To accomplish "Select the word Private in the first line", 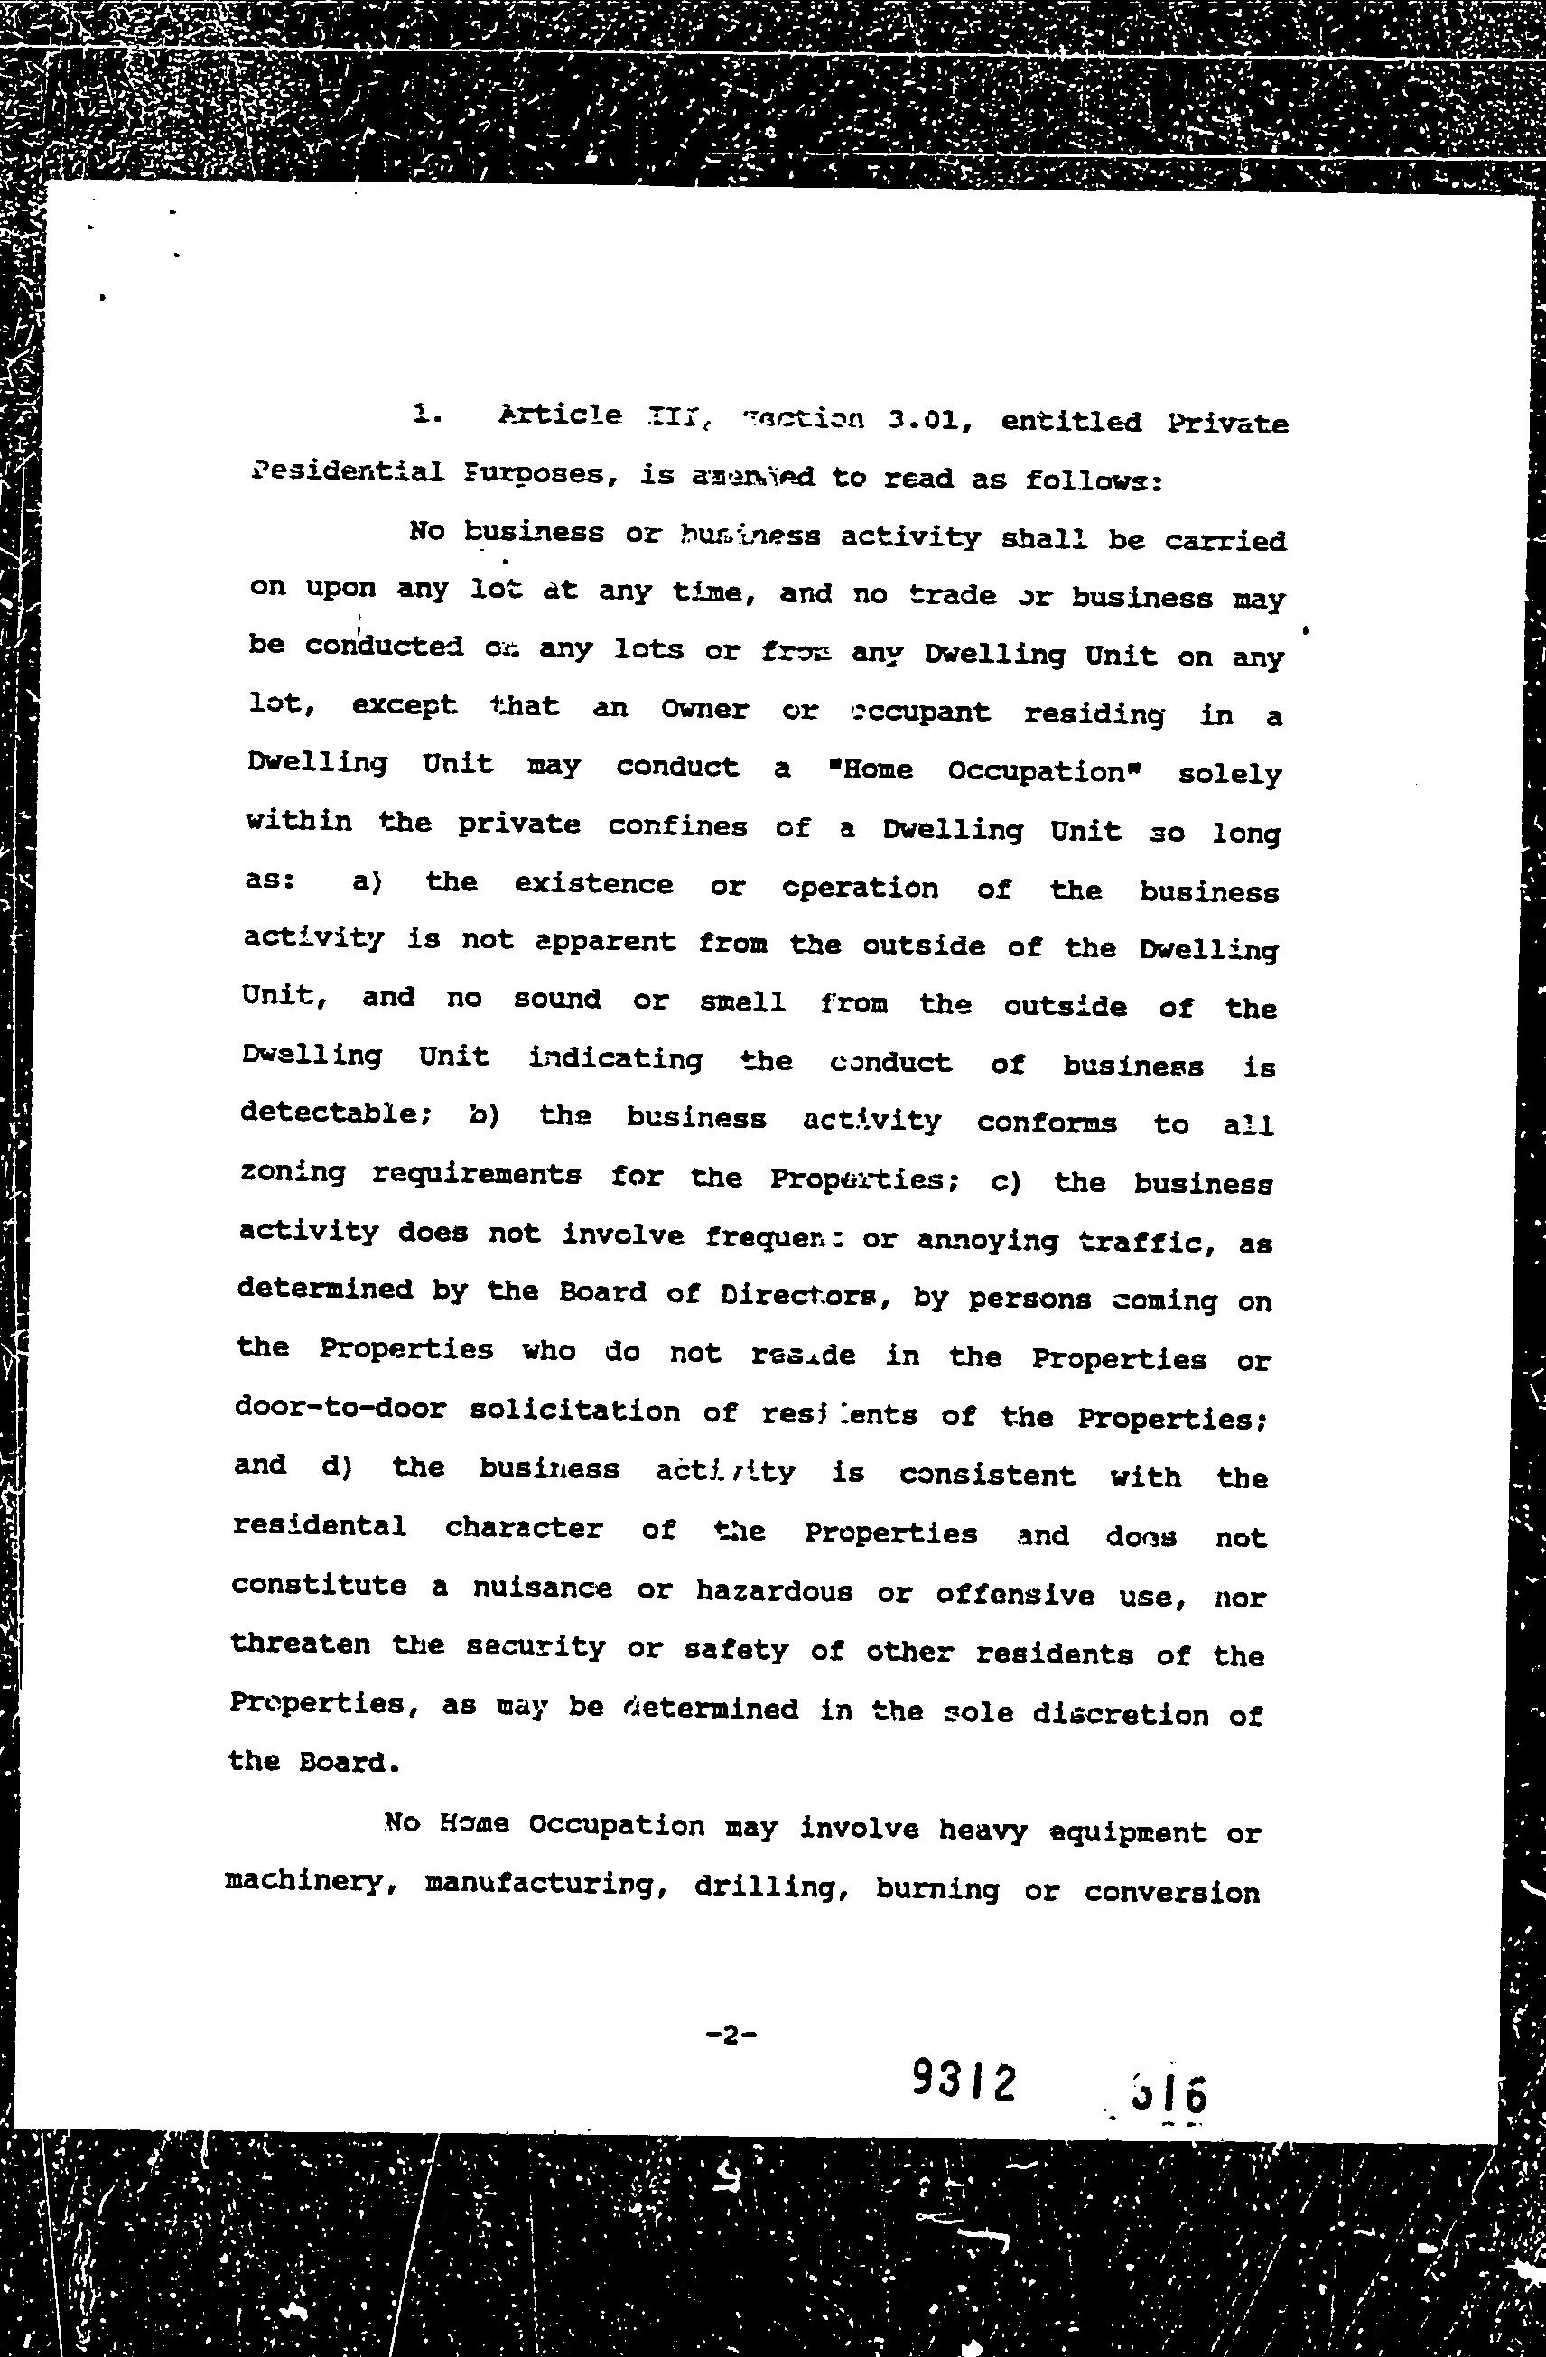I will (x=1227, y=424).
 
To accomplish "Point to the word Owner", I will (x=704, y=709).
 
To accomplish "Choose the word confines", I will (x=677, y=826).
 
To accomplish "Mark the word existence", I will (x=593, y=883).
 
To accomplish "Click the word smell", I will (x=743, y=1001).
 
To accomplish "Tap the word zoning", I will (x=293, y=1172).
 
